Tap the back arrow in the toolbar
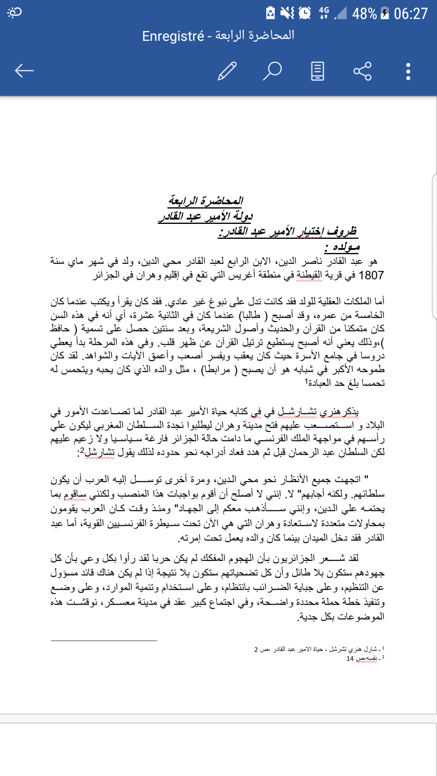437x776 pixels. [x=24, y=71]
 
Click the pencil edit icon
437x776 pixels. [x=227, y=71]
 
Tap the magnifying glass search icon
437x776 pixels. [x=272, y=71]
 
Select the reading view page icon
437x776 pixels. [x=317, y=71]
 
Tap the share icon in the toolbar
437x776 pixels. [x=362, y=71]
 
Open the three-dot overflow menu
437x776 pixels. [x=408, y=71]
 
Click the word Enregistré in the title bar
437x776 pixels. [x=173, y=36]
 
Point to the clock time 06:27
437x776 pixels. [x=411, y=14]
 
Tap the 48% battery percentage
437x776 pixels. [x=364, y=14]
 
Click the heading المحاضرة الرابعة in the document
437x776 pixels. [x=206, y=200]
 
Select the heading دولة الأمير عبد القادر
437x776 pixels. [x=206, y=216]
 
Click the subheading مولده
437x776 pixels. [x=342, y=247]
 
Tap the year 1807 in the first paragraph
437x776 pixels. [x=371, y=276]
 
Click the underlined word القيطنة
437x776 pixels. [x=310, y=276]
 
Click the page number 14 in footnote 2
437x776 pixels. [x=350, y=659]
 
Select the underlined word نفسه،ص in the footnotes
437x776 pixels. [x=366, y=659]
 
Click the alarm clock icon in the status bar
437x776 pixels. [x=305, y=13]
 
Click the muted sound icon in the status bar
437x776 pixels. [x=287, y=13]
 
